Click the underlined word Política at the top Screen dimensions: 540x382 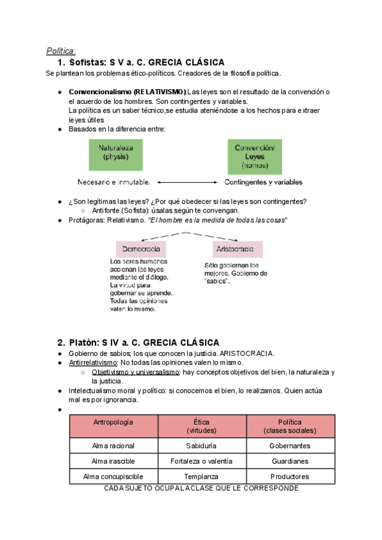coord(61,51)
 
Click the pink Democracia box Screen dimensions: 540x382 coord(141,248)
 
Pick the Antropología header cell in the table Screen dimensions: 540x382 coord(113,426)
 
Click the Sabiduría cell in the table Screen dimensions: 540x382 coord(202,446)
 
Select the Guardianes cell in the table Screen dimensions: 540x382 coord(290,461)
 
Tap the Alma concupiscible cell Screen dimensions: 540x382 coord(113,476)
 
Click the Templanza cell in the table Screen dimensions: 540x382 coord(202,476)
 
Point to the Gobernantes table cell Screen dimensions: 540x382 coord(290,446)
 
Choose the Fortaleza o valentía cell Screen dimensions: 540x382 coord(202,461)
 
